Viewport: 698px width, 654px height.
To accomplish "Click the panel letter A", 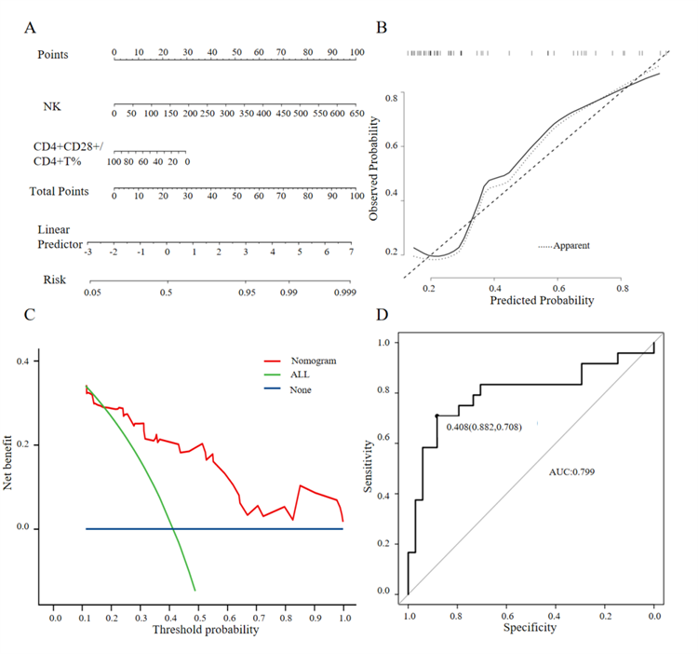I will click(32, 28).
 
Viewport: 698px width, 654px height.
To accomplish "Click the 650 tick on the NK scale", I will click(356, 113).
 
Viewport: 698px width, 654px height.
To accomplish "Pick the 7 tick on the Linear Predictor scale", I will click(351, 252).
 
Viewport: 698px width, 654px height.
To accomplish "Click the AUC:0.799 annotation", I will click(570, 471).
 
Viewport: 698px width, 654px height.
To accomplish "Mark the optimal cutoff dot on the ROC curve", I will click(436, 416).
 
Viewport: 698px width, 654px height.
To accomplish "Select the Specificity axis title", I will click(530, 628).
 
